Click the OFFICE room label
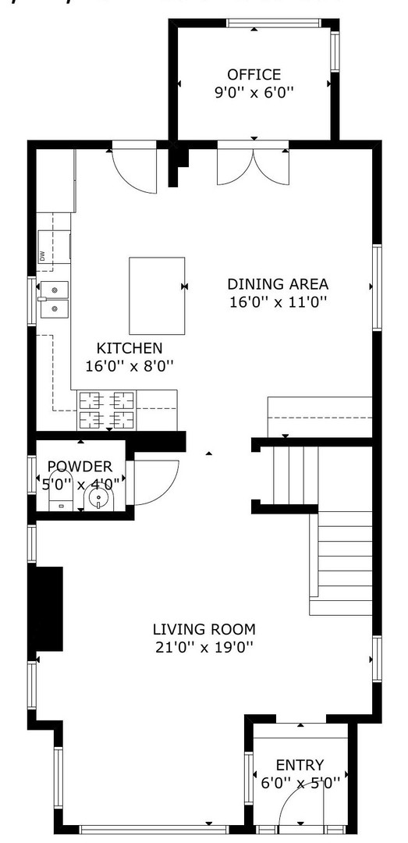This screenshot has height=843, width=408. coord(254,75)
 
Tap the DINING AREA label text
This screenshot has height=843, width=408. coord(278,284)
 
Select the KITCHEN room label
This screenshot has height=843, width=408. coord(129,348)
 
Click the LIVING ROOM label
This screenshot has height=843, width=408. coord(204,629)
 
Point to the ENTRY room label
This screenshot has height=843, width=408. coord(300,766)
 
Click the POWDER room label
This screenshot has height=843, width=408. coord(80,467)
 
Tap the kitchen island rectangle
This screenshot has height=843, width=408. coord(157,295)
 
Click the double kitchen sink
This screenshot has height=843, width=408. coord(54,301)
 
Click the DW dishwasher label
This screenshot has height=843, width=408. coord(41,255)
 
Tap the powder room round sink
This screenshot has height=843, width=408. coord(99,498)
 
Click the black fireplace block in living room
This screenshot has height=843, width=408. coord(47,607)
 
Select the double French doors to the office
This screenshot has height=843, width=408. coord(254,165)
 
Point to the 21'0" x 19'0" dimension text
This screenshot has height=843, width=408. coord(204,647)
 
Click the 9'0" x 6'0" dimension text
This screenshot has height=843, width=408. coord(254,93)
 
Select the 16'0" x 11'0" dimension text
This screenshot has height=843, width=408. coord(278,302)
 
